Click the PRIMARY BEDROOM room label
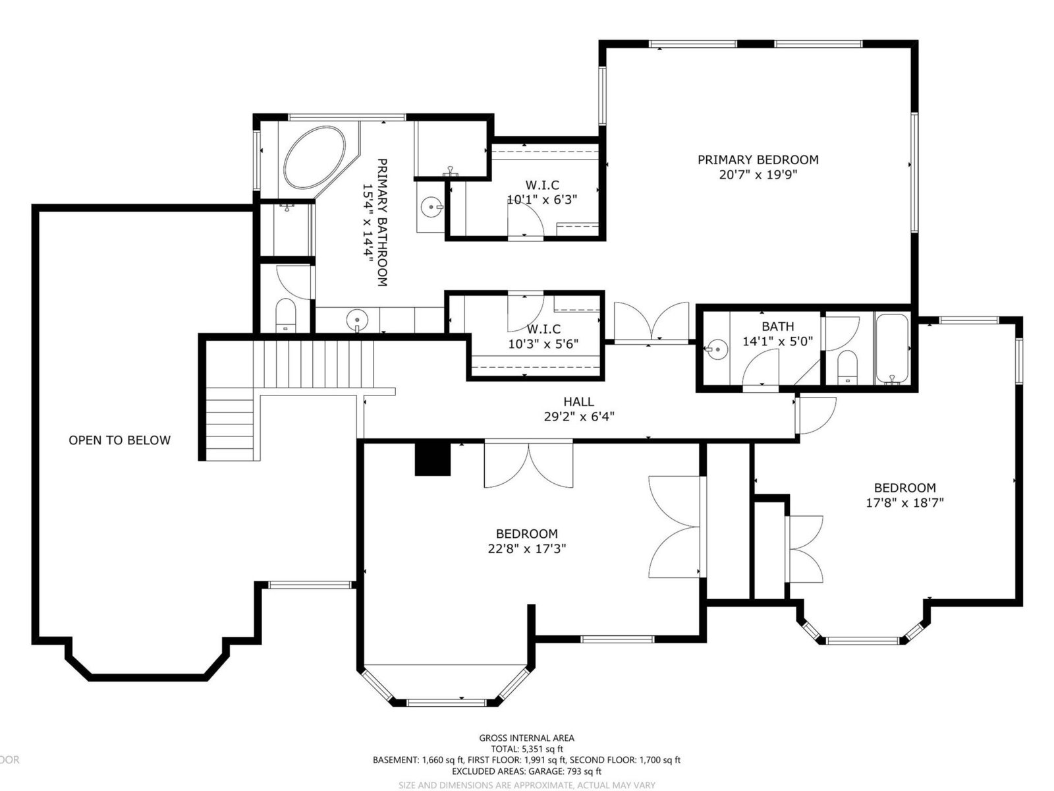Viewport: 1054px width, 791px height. coord(758,160)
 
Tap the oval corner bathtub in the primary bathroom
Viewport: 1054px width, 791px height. coord(314,158)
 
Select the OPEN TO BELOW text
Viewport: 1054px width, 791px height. coord(120,440)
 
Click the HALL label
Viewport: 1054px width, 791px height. coord(578,401)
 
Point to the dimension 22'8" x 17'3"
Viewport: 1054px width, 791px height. coord(527,548)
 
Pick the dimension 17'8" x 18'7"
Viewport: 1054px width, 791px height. coord(904,503)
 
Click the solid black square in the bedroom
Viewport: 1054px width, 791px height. coord(432,459)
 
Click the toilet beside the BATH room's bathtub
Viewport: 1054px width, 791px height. coord(847,367)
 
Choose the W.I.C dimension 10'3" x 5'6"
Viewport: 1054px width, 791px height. coord(543,344)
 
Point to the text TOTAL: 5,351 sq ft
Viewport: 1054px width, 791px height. coord(527,749)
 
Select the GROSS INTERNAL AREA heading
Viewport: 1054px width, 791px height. coord(527,738)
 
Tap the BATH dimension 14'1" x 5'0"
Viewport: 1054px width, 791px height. coord(778,341)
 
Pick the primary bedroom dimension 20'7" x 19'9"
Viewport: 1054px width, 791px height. coord(758,174)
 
